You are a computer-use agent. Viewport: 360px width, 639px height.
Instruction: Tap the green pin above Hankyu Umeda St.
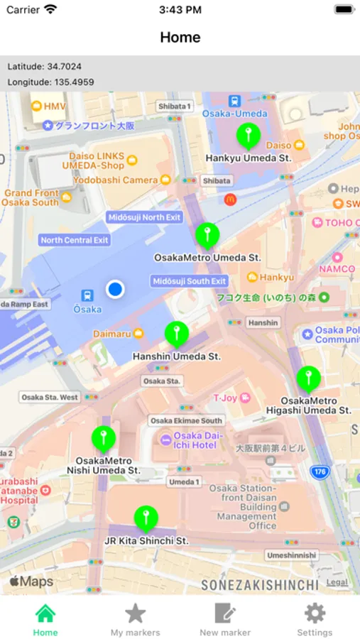(x=248, y=135)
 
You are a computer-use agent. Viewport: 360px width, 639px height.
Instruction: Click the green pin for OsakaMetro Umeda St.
(x=207, y=234)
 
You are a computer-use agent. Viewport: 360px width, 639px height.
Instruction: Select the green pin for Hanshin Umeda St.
(x=176, y=333)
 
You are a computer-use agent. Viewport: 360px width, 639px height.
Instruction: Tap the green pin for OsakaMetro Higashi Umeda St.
(x=308, y=378)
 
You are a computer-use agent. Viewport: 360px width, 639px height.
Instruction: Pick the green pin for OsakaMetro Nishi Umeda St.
(x=104, y=437)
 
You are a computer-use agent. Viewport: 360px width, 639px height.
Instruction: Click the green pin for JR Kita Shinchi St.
(x=146, y=518)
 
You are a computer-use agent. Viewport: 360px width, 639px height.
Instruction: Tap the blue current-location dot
(x=115, y=289)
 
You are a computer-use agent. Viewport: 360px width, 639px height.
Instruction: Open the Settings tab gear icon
(x=315, y=613)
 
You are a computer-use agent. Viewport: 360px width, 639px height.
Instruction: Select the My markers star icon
(x=135, y=613)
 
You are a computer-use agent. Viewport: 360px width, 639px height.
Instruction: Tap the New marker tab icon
(x=225, y=613)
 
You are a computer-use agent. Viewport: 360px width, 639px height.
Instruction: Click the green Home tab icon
(x=45, y=613)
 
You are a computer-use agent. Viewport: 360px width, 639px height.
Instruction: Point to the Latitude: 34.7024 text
(x=44, y=66)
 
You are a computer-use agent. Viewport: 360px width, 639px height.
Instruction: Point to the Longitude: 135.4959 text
(x=50, y=82)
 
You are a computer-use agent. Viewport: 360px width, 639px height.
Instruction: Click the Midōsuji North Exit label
(x=144, y=217)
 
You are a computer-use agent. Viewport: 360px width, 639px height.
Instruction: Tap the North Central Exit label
(x=75, y=240)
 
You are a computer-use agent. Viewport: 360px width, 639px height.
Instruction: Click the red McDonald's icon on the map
(x=229, y=200)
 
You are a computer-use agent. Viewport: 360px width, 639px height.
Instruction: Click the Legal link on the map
(x=337, y=582)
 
